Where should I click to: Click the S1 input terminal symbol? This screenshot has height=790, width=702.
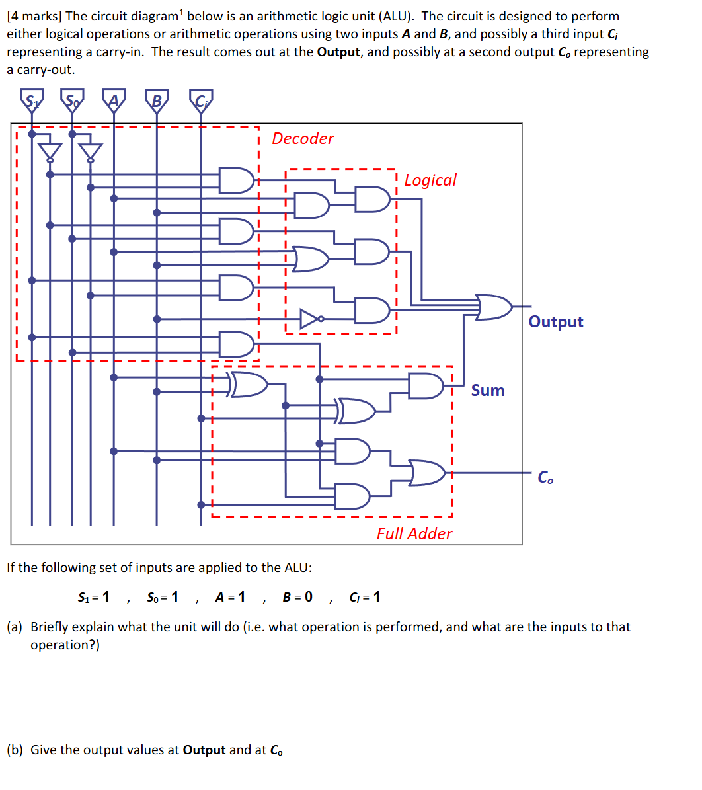31,100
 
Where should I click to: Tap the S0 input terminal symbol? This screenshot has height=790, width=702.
72,100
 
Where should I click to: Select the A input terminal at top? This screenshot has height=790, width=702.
114,100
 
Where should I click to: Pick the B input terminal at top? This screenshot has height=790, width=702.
157,100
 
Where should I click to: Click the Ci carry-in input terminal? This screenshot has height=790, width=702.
201,100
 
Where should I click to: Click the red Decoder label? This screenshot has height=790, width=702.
303,139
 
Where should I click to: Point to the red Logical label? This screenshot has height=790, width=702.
430,180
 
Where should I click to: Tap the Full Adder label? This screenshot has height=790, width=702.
414,533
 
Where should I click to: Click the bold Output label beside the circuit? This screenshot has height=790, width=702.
556,322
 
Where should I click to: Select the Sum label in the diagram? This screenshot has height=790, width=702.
488,391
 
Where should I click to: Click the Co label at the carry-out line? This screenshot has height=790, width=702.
545,477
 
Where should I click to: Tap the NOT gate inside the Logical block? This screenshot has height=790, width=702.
311,319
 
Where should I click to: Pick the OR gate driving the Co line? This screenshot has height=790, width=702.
427,473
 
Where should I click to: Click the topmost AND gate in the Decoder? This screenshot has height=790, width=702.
236,180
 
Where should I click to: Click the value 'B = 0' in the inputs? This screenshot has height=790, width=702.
297,597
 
